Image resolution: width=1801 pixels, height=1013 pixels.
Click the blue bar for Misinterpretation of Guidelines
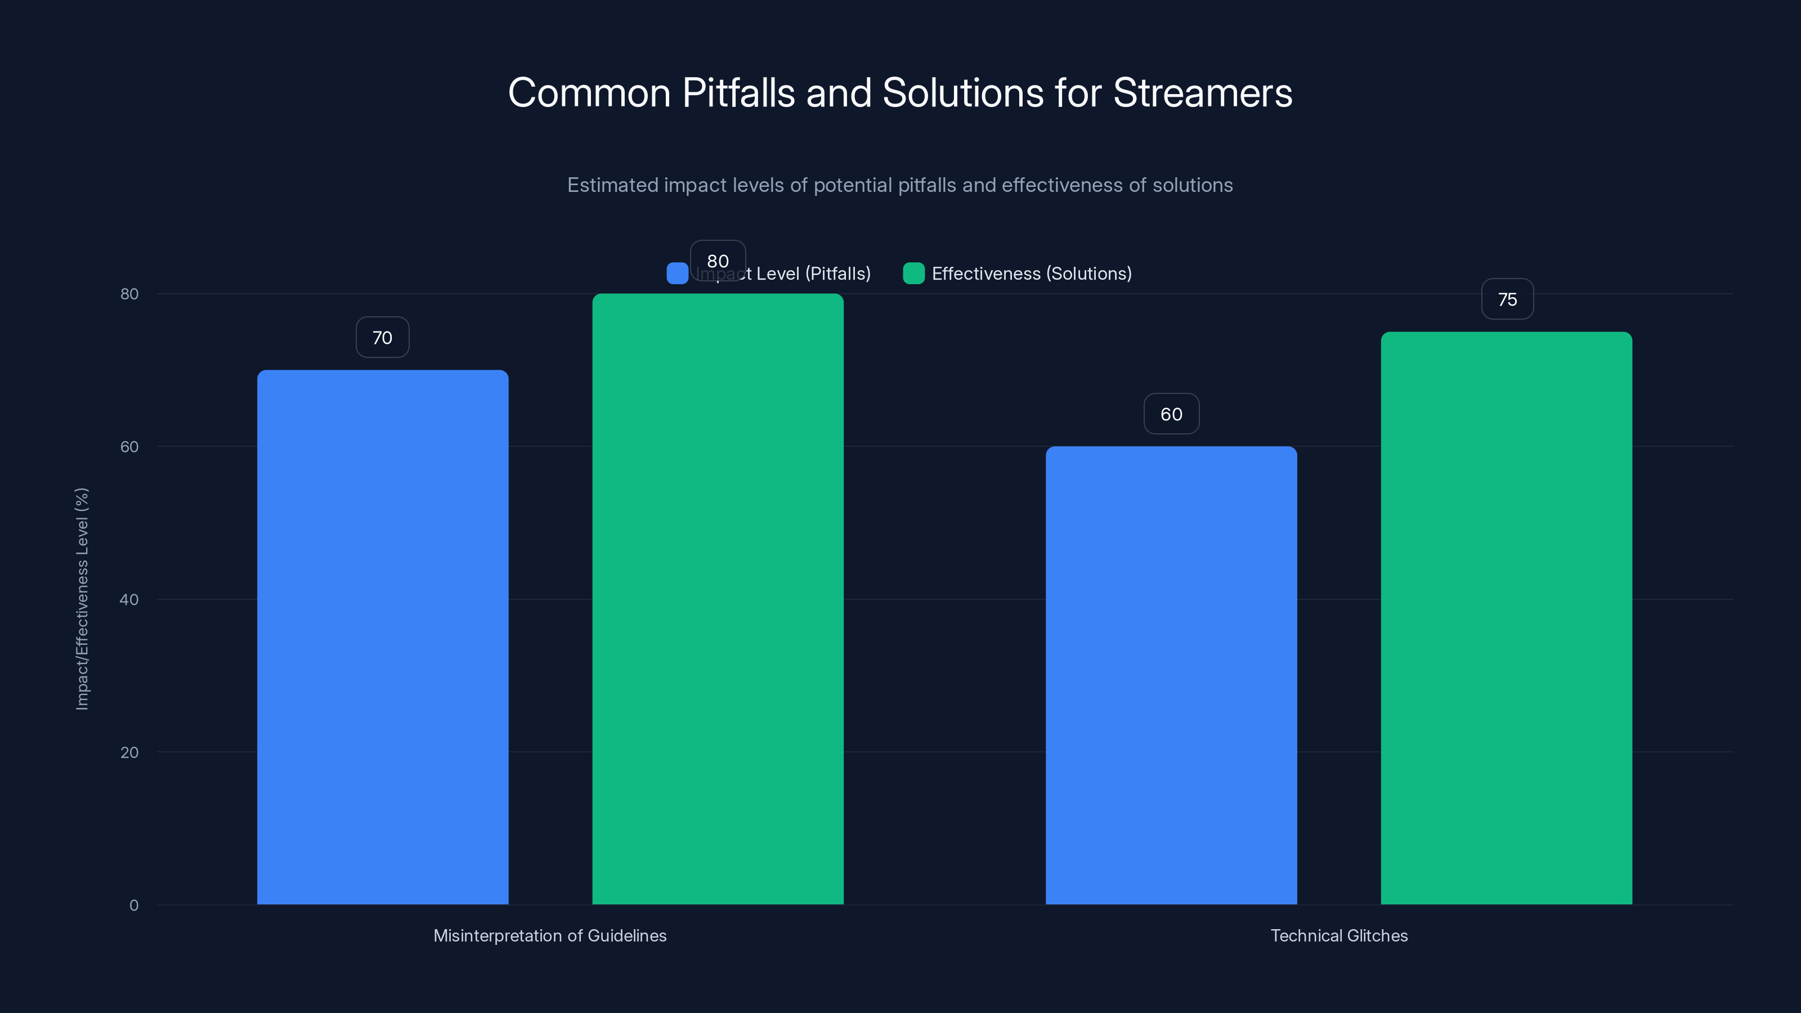pos(383,636)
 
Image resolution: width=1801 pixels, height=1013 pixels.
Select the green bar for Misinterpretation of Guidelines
pos(718,598)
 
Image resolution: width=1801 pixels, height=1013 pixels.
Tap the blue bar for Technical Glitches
pos(1171,675)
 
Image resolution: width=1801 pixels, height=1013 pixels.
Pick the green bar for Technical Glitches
pos(1506,617)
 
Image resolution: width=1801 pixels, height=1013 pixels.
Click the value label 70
pos(383,338)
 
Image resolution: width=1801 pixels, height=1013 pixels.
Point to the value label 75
pos(1507,299)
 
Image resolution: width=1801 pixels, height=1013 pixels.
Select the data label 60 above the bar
pos(1171,414)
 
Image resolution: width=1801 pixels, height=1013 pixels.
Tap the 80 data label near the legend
pos(718,261)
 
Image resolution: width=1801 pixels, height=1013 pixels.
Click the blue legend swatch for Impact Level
pos(677,274)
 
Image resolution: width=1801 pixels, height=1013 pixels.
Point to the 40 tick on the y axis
pos(129,599)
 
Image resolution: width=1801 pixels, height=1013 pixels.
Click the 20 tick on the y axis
pos(129,752)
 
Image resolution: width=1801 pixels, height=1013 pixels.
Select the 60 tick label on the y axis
pos(129,447)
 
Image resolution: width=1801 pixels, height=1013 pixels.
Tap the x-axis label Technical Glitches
pos(1339,935)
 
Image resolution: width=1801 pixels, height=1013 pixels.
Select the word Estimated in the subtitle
pos(612,185)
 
